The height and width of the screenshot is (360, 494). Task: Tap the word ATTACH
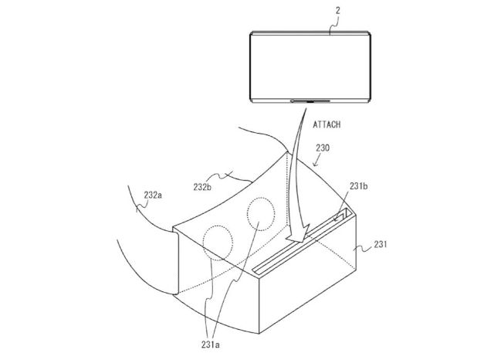[329, 124]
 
